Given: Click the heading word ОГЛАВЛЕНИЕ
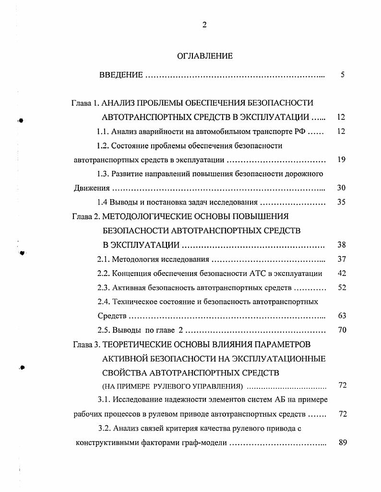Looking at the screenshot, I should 205,56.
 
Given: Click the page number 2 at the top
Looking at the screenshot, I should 204,25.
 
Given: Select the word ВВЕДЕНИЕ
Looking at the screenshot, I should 121,75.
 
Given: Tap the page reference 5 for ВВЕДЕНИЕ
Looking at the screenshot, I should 342,75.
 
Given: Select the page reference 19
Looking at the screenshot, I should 342,160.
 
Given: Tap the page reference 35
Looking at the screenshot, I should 342,202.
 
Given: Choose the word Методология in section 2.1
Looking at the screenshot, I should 137,260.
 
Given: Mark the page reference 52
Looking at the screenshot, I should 342,288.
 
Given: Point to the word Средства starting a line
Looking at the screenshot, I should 112,316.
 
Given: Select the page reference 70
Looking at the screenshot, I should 342,330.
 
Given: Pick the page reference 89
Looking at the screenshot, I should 342,443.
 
